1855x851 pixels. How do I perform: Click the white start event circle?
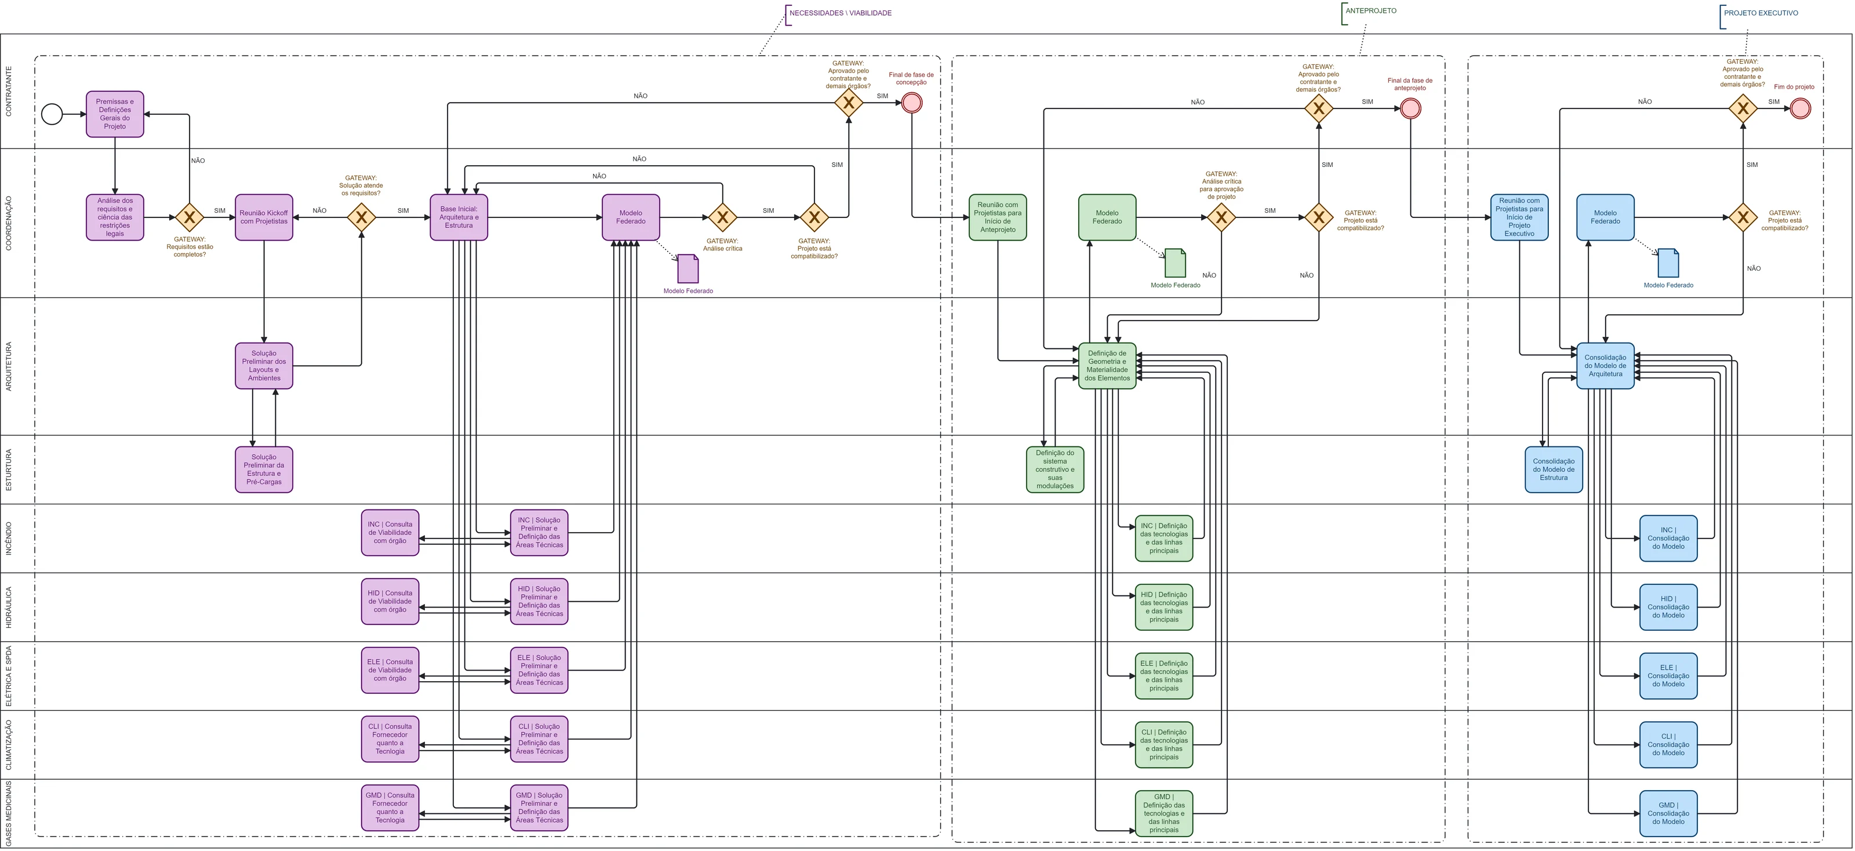click(52, 114)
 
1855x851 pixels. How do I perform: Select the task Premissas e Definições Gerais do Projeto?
click(115, 114)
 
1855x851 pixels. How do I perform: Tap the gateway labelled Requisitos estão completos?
click(190, 217)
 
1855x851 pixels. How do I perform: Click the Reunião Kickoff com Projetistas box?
click(264, 217)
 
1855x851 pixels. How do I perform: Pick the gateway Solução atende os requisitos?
click(362, 217)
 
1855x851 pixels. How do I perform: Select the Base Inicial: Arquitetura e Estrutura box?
click(459, 217)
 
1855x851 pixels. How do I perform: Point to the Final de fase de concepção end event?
click(912, 102)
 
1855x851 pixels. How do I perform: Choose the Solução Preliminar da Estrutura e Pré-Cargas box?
click(264, 470)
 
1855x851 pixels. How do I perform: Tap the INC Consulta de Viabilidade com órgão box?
click(390, 533)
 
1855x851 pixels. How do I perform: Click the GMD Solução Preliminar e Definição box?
click(539, 808)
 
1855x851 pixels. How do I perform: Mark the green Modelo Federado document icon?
click(1175, 263)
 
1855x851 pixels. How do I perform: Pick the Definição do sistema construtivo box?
click(1055, 470)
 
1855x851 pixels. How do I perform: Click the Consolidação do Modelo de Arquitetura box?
click(1605, 366)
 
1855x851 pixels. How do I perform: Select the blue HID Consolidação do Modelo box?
click(1668, 607)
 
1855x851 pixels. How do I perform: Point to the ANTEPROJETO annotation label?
click(1371, 11)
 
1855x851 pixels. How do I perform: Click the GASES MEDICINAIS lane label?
click(9, 813)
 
